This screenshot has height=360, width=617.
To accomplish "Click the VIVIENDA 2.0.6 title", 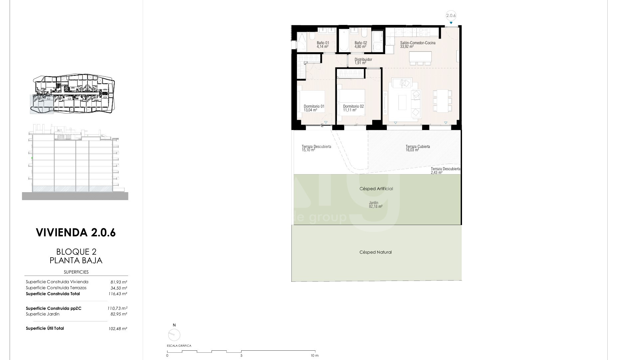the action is tap(76, 232).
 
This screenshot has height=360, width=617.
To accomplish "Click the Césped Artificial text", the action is tap(376, 189).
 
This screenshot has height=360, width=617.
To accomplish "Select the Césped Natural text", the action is tap(376, 252).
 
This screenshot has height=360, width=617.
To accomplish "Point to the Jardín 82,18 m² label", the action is tap(376, 204).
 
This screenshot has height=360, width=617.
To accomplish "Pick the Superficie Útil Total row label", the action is tap(45, 328).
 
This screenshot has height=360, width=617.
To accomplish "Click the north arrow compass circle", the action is tap(174, 335).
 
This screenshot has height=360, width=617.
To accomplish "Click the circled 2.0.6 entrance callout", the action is tap(451, 15).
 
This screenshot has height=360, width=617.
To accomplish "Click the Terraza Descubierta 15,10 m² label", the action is tap(316, 148).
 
